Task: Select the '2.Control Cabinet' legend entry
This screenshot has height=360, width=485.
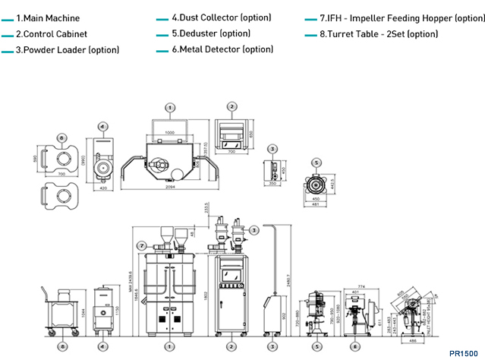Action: pos(51,34)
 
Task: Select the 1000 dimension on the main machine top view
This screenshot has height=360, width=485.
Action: pos(170,131)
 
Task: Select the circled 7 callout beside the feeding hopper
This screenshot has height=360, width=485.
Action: pos(142,245)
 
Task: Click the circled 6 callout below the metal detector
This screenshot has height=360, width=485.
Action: pos(355,346)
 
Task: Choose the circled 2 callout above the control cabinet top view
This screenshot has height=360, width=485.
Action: pos(232,107)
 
